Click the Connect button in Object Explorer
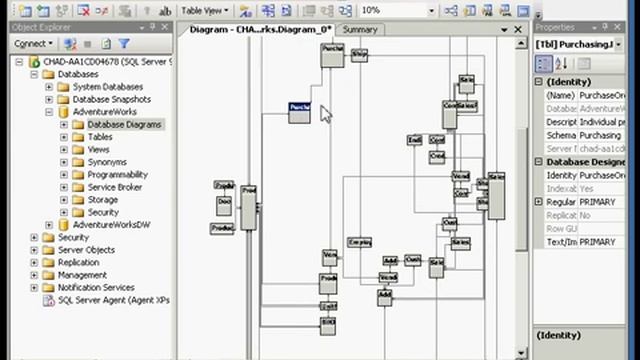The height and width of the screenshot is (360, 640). click(x=32, y=44)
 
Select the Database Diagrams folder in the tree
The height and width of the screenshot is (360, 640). click(x=124, y=125)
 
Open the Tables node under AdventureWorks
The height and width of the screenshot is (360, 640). click(x=100, y=137)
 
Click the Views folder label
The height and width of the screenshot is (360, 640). click(x=98, y=150)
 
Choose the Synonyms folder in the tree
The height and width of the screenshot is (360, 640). click(x=107, y=162)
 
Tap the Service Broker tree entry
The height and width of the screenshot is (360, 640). click(x=114, y=187)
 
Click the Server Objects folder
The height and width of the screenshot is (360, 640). click(x=86, y=250)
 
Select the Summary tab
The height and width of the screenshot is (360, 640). click(x=360, y=30)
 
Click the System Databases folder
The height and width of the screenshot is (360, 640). click(x=108, y=87)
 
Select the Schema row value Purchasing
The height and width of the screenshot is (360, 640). click(x=600, y=135)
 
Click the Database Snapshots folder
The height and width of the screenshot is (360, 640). click(x=112, y=100)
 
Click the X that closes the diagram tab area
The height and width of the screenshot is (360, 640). click(x=518, y=30)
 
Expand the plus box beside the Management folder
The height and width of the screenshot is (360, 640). click(x=34, y=275)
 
